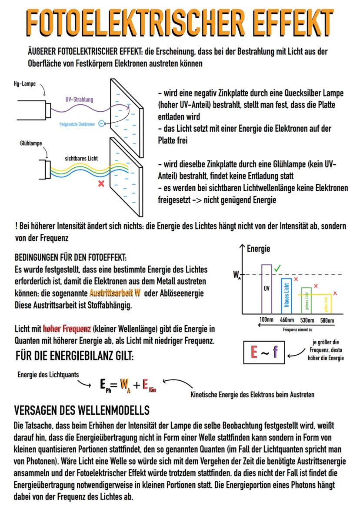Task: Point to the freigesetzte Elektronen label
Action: tap(77, 124)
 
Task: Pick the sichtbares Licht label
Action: tap(81, 159)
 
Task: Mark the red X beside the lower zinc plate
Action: tap(101, 184)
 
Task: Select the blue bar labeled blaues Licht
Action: tap(286, 296)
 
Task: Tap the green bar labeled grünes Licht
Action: tap(307, 300)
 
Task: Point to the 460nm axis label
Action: tap(287, 320)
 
